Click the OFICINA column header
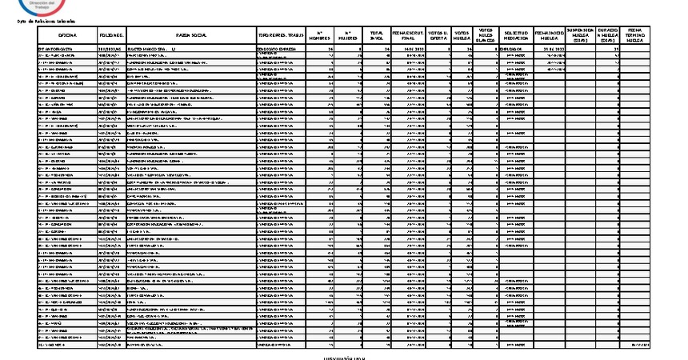67,36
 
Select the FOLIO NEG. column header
112,36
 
